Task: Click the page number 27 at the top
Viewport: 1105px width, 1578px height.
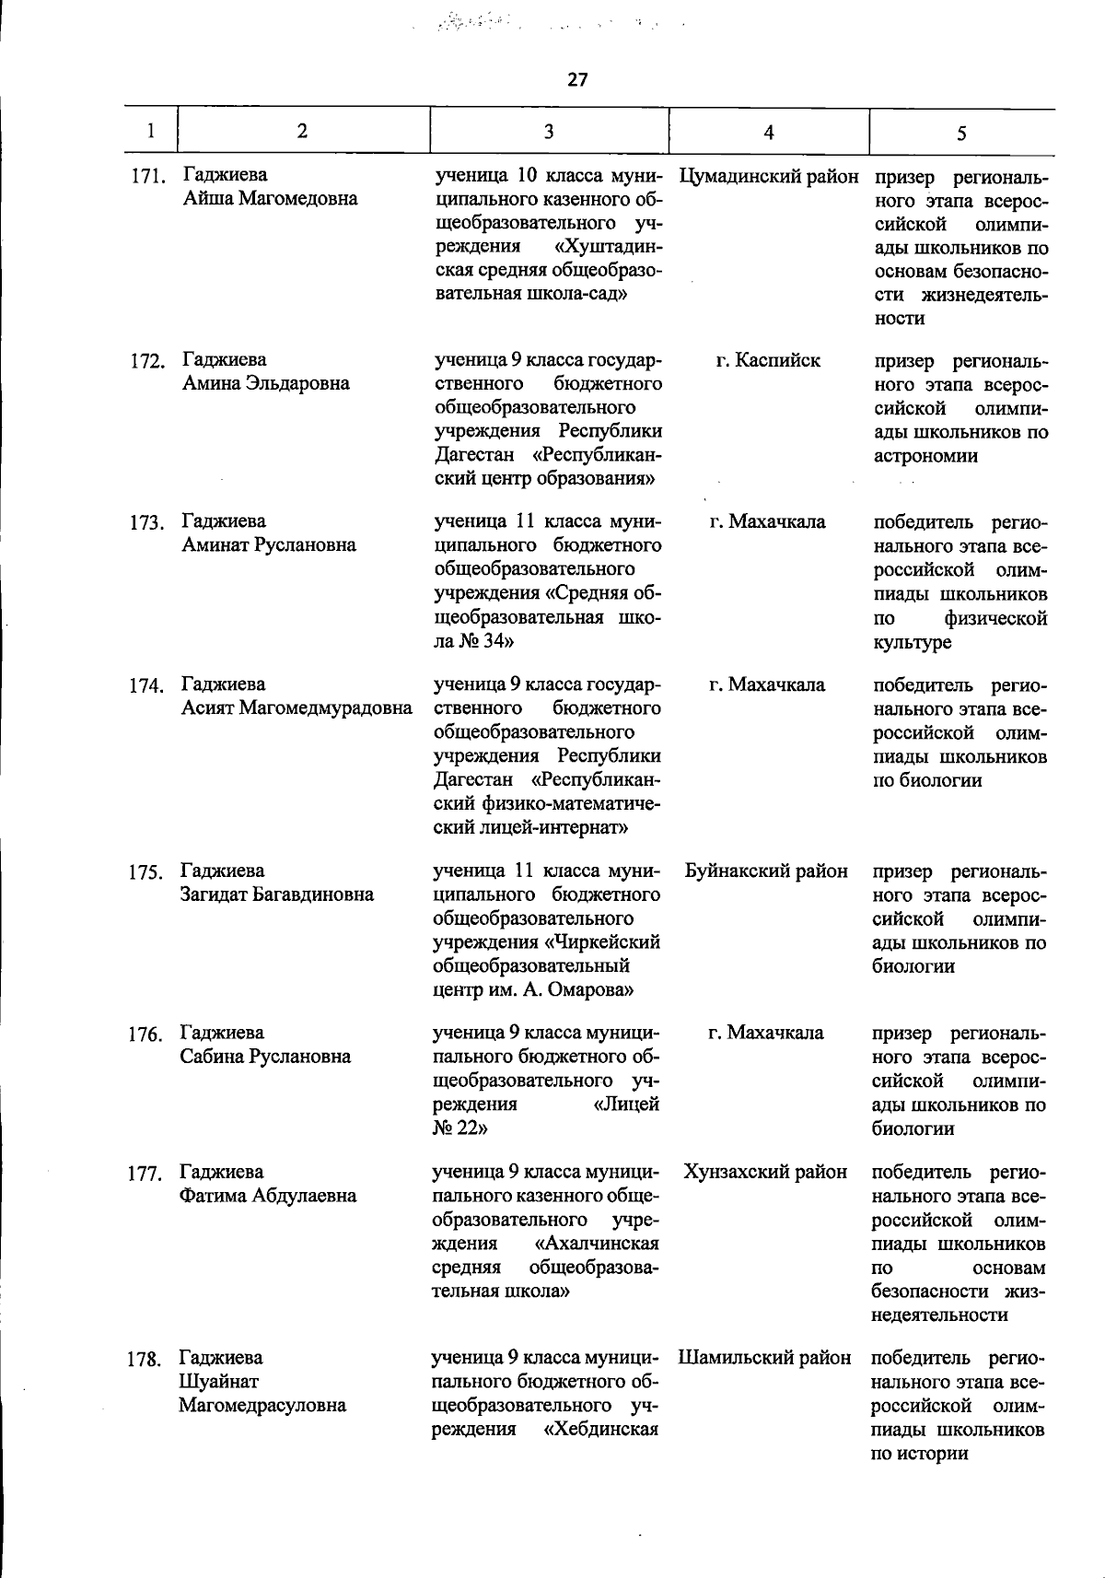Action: click(x=577, y=80)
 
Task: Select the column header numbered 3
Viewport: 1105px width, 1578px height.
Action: click(x=548, y=131)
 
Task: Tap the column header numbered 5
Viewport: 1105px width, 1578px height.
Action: click(x=960, y=134)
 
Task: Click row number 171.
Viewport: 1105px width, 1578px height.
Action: click(x=146, y=176)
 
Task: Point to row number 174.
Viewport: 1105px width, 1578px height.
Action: click(x=145, y=685)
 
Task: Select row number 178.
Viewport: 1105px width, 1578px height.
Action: click(x=144, y=1359)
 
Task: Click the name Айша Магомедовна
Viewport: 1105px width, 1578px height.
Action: click(x=270, y=199)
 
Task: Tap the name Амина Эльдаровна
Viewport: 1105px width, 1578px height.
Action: click(x=265, y=384)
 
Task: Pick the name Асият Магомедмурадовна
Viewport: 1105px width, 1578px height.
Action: click(x=297, y=708)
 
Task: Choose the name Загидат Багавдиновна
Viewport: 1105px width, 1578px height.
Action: click(x=277, y=894)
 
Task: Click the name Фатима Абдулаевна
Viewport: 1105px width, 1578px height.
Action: click(x=268, y=1196)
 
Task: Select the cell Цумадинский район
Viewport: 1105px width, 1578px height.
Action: click(x=768, y=176)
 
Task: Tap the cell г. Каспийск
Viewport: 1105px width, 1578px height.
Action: click(x=768, y=360)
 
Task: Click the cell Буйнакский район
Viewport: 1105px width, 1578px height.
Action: click(x=766, y=871)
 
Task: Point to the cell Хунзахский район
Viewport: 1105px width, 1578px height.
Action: click(x=765, y=1172)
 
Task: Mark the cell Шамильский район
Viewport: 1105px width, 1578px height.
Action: click(x=764, y=1357)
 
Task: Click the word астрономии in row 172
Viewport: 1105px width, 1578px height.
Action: click(x=925, y=456)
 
